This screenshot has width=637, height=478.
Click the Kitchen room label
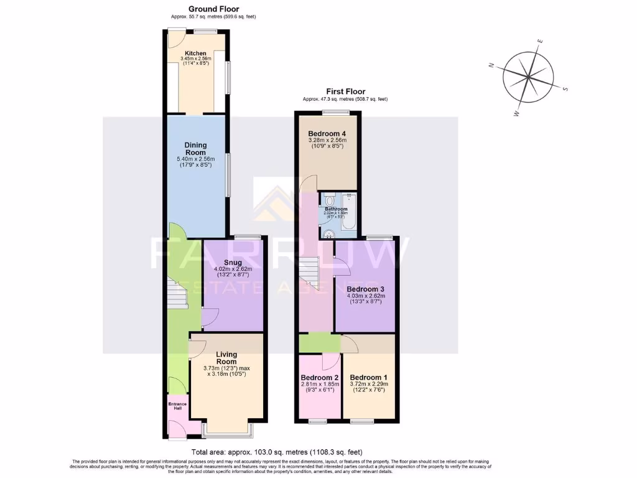[x=195, y=54]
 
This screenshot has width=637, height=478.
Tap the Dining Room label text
[x=195, y=149]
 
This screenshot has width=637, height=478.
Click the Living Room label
[x=226, y=358]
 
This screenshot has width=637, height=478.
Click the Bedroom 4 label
[x=327, y=133]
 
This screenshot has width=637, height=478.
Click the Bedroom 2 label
[x=319, y=378]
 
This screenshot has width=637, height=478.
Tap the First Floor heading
[x=345, y=91]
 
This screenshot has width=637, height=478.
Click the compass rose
[x=528, y=77]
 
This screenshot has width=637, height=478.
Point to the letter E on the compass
[x=541, y=41]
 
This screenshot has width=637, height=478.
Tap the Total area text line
[x=276, y=452]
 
